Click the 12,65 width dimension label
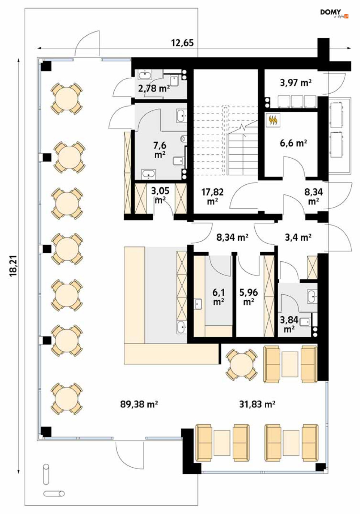(x=183, y=43)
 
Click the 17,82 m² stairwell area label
(x=212, y=196)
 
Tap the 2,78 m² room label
(x=154, y=88)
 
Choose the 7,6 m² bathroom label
(x=160, y=150)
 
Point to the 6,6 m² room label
(x=293, y=143)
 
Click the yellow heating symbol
(x=273, y=120)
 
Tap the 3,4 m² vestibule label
(x=298, y=237)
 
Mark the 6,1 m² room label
(x=219, y=297)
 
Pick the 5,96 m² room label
(x=249, y=297)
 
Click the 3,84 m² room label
(x=289, y=324)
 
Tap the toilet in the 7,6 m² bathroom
(x=183, y=138)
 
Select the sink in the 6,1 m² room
(x=198, y=304)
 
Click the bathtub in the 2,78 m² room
(x=145, y=74)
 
